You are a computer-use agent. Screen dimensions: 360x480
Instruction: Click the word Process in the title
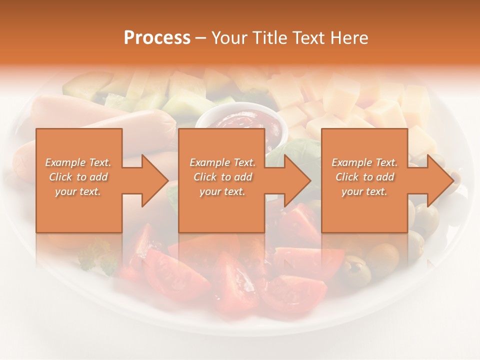click(x=157, y=38)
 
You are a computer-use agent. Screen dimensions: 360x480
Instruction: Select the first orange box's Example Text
click(x=78, y=162)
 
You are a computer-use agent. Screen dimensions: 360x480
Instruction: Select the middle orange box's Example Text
click(x=222, y=162)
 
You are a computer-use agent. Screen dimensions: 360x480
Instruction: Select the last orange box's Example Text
click(x=364, y=162)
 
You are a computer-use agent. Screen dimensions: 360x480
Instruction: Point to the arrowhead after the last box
click(x=440, y=180)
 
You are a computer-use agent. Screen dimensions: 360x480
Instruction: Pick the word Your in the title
click(x=229, y=38)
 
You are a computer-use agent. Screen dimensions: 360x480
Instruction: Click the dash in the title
click(x=201, y=38)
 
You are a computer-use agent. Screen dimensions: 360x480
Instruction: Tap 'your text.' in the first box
click(x=78, y=191)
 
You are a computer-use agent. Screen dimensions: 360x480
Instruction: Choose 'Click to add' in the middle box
click(x=222, y=177)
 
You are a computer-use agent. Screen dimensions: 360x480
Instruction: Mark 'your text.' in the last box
click(x=364, y=191)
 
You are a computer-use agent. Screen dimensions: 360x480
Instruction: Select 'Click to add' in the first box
click(x=78, y=177)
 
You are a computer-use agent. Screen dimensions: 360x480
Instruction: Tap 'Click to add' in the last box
click(x=364, y=177)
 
